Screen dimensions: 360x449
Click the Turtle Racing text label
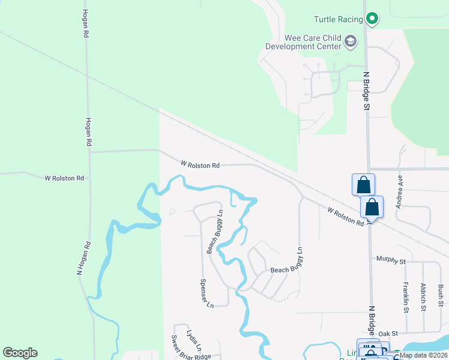(338, 19)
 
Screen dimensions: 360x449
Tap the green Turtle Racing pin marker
(372, 19)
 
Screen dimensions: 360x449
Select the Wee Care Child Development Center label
(304, 42)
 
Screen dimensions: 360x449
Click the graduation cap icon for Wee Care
(351, 42)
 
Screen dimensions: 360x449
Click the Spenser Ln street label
(206, 293)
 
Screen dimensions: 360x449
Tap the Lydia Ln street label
(193, 340)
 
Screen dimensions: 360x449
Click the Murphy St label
(391, 259)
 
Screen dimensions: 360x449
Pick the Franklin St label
(406, 297)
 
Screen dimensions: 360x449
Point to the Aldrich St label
(424, 297)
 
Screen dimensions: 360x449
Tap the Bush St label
(441, 295)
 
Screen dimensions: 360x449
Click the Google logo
(20, 353)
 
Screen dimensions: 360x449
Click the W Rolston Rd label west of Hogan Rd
(65, 178)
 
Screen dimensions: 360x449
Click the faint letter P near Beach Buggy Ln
(173, 213)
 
